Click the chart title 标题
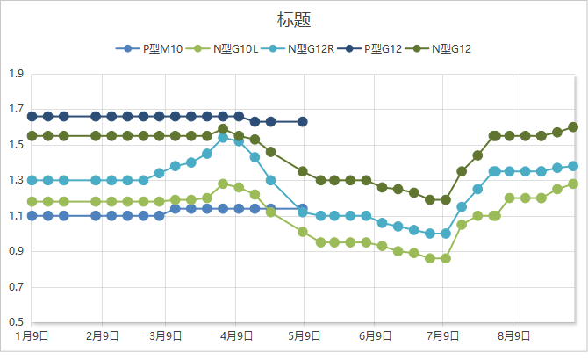294,18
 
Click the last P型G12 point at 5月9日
303,121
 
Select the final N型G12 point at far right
573,126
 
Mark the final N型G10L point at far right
573,184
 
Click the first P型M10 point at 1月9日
32,215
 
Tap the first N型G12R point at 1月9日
32,180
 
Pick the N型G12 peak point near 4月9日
223,129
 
